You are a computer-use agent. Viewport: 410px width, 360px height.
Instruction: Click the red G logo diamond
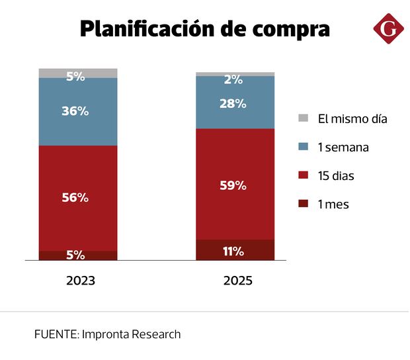388,28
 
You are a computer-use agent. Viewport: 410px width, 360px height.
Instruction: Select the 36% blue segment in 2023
78,112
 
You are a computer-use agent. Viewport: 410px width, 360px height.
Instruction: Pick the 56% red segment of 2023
78,198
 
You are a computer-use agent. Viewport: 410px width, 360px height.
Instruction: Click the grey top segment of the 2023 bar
78,73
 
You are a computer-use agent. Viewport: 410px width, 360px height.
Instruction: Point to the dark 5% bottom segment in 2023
78,255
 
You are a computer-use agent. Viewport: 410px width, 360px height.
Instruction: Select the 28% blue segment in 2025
235,103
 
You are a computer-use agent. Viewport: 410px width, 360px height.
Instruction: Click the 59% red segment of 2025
235,185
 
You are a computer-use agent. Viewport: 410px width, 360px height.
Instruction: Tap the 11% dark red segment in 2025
235,250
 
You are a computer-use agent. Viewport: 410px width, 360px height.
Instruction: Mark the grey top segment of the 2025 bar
235,73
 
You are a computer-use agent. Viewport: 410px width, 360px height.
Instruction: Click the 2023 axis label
81,281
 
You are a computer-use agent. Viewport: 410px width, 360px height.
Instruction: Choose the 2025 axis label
237,281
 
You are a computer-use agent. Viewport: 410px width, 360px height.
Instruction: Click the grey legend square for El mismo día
304,118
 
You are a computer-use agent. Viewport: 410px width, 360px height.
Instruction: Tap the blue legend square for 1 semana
304,147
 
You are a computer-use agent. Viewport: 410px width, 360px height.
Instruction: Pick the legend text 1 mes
333,204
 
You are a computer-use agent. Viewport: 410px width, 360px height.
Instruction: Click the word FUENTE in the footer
56,334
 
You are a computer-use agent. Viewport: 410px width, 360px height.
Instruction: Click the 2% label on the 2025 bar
233,80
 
